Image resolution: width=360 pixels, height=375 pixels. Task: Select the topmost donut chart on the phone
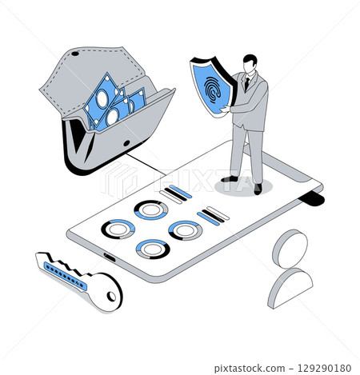pyautogui.click(x=149, y=210)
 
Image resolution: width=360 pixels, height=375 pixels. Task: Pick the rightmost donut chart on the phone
pyautogui.click(x=184, y=230)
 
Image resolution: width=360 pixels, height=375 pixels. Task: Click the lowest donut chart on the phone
pyautogui.click(x=152, y=249)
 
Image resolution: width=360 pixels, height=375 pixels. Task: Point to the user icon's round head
pyautogui.click(x=289, y=248)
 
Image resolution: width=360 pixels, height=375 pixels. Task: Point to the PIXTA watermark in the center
pyautogui.click(x=180, y=182)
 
